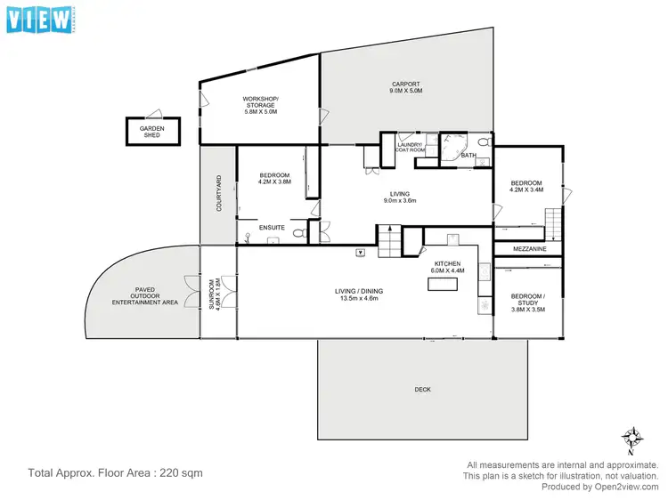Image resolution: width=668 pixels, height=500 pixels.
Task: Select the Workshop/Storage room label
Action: pyautogui.click(x=260, y=105)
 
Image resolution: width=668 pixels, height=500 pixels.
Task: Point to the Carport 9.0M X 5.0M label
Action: pyautogui.click(x=405, y=87)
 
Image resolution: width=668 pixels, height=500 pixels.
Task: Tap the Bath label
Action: pyautogui.click(x=468, y=157)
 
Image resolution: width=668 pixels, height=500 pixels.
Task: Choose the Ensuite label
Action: pyautogui.click(x=272, y=229)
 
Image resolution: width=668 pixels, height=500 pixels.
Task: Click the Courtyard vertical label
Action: pyautogui.click(x=219, y=193)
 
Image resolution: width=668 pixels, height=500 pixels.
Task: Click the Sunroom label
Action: pyautogui.click(x=214, y=293)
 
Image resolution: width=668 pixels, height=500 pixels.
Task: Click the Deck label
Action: pyautogui.click(x=422, y=390)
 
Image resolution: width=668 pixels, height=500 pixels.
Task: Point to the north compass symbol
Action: pyautogui.click(x=631, y=438)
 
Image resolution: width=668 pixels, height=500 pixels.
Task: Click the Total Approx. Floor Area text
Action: pyautogui.click(x=116, y=473)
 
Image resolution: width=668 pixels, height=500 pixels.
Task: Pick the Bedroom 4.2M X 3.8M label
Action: pyautogui.click(x=275, y=180)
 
